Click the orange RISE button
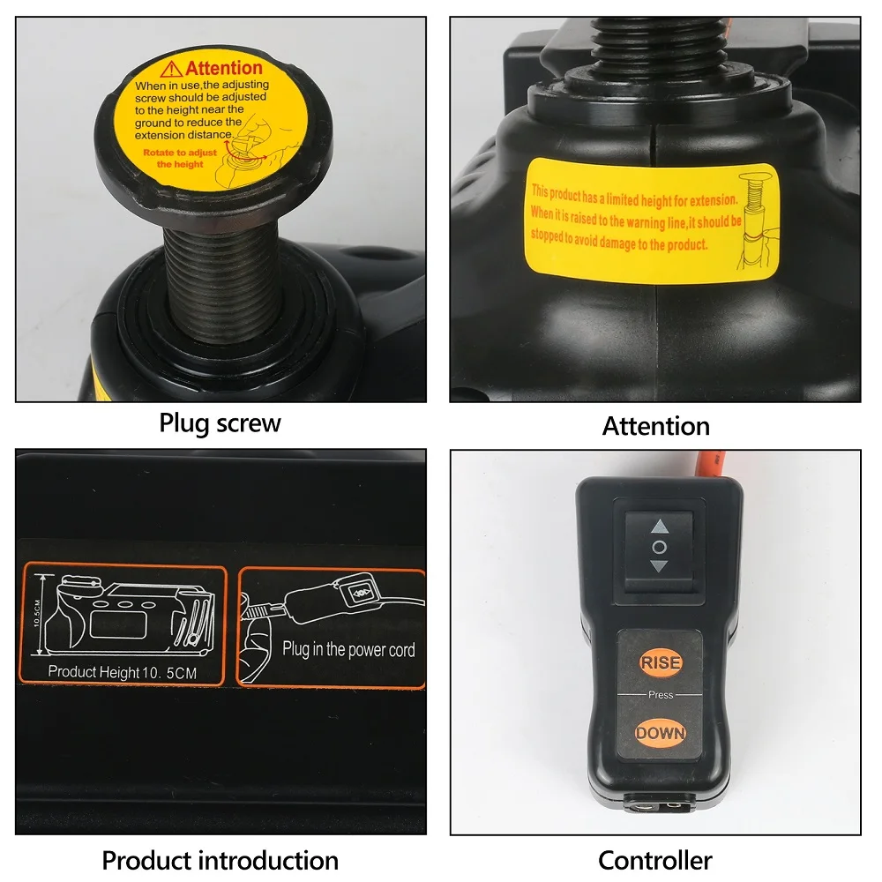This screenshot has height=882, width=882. pos(660,662)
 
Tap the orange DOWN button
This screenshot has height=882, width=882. pos(660,732)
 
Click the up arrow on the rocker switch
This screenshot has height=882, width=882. pos(659,527)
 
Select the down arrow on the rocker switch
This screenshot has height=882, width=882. pos(659,566)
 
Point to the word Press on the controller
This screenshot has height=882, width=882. pos(660,695)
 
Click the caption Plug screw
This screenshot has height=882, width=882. pos(220,423)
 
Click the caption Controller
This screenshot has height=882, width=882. pos(655,860)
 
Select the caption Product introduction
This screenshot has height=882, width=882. pos(220,860)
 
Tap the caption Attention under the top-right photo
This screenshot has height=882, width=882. pos(655,426)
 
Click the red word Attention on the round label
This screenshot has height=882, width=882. pos(223,68)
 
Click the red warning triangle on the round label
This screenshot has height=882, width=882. pos(171,69)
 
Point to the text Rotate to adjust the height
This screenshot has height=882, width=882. pos(180,158)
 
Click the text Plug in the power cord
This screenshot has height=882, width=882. pos(348,650)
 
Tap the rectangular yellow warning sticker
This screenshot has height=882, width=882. pos(653,220)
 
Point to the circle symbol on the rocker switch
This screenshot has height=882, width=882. pos(659,547)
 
